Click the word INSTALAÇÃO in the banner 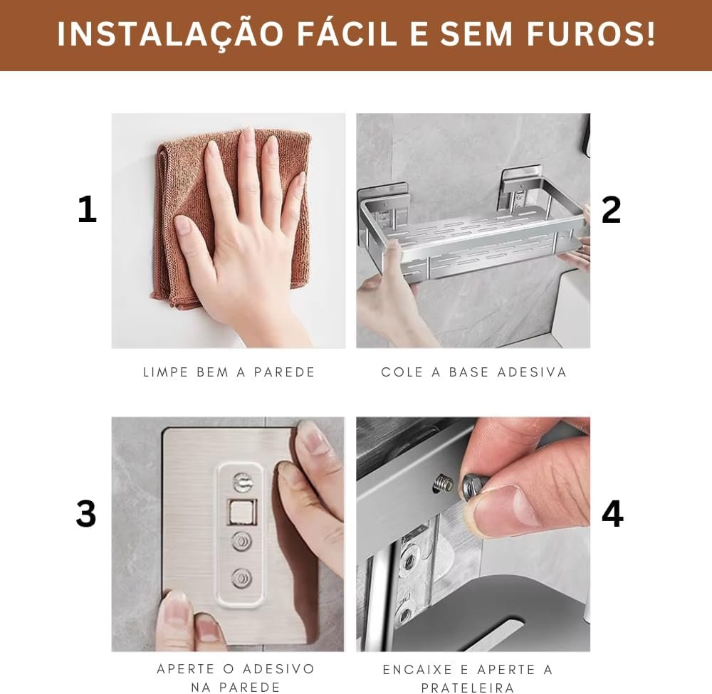click(x=171, y=33)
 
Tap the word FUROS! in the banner click(x=591, y=33)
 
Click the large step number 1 click(x=87, y=209)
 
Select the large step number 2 click(x=611, y=209)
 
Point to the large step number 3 click(x=86, y=513)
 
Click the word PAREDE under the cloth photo click(x=284, y=372)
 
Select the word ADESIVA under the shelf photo click(x=532, y=372)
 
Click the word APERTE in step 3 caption click(x=186, y=668)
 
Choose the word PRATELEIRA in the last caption click(x=468, y=688)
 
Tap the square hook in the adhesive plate click(x=241, y=512)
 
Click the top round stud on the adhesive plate click(x=243, y=482)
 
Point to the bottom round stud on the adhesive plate click(x=242, y=578)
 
